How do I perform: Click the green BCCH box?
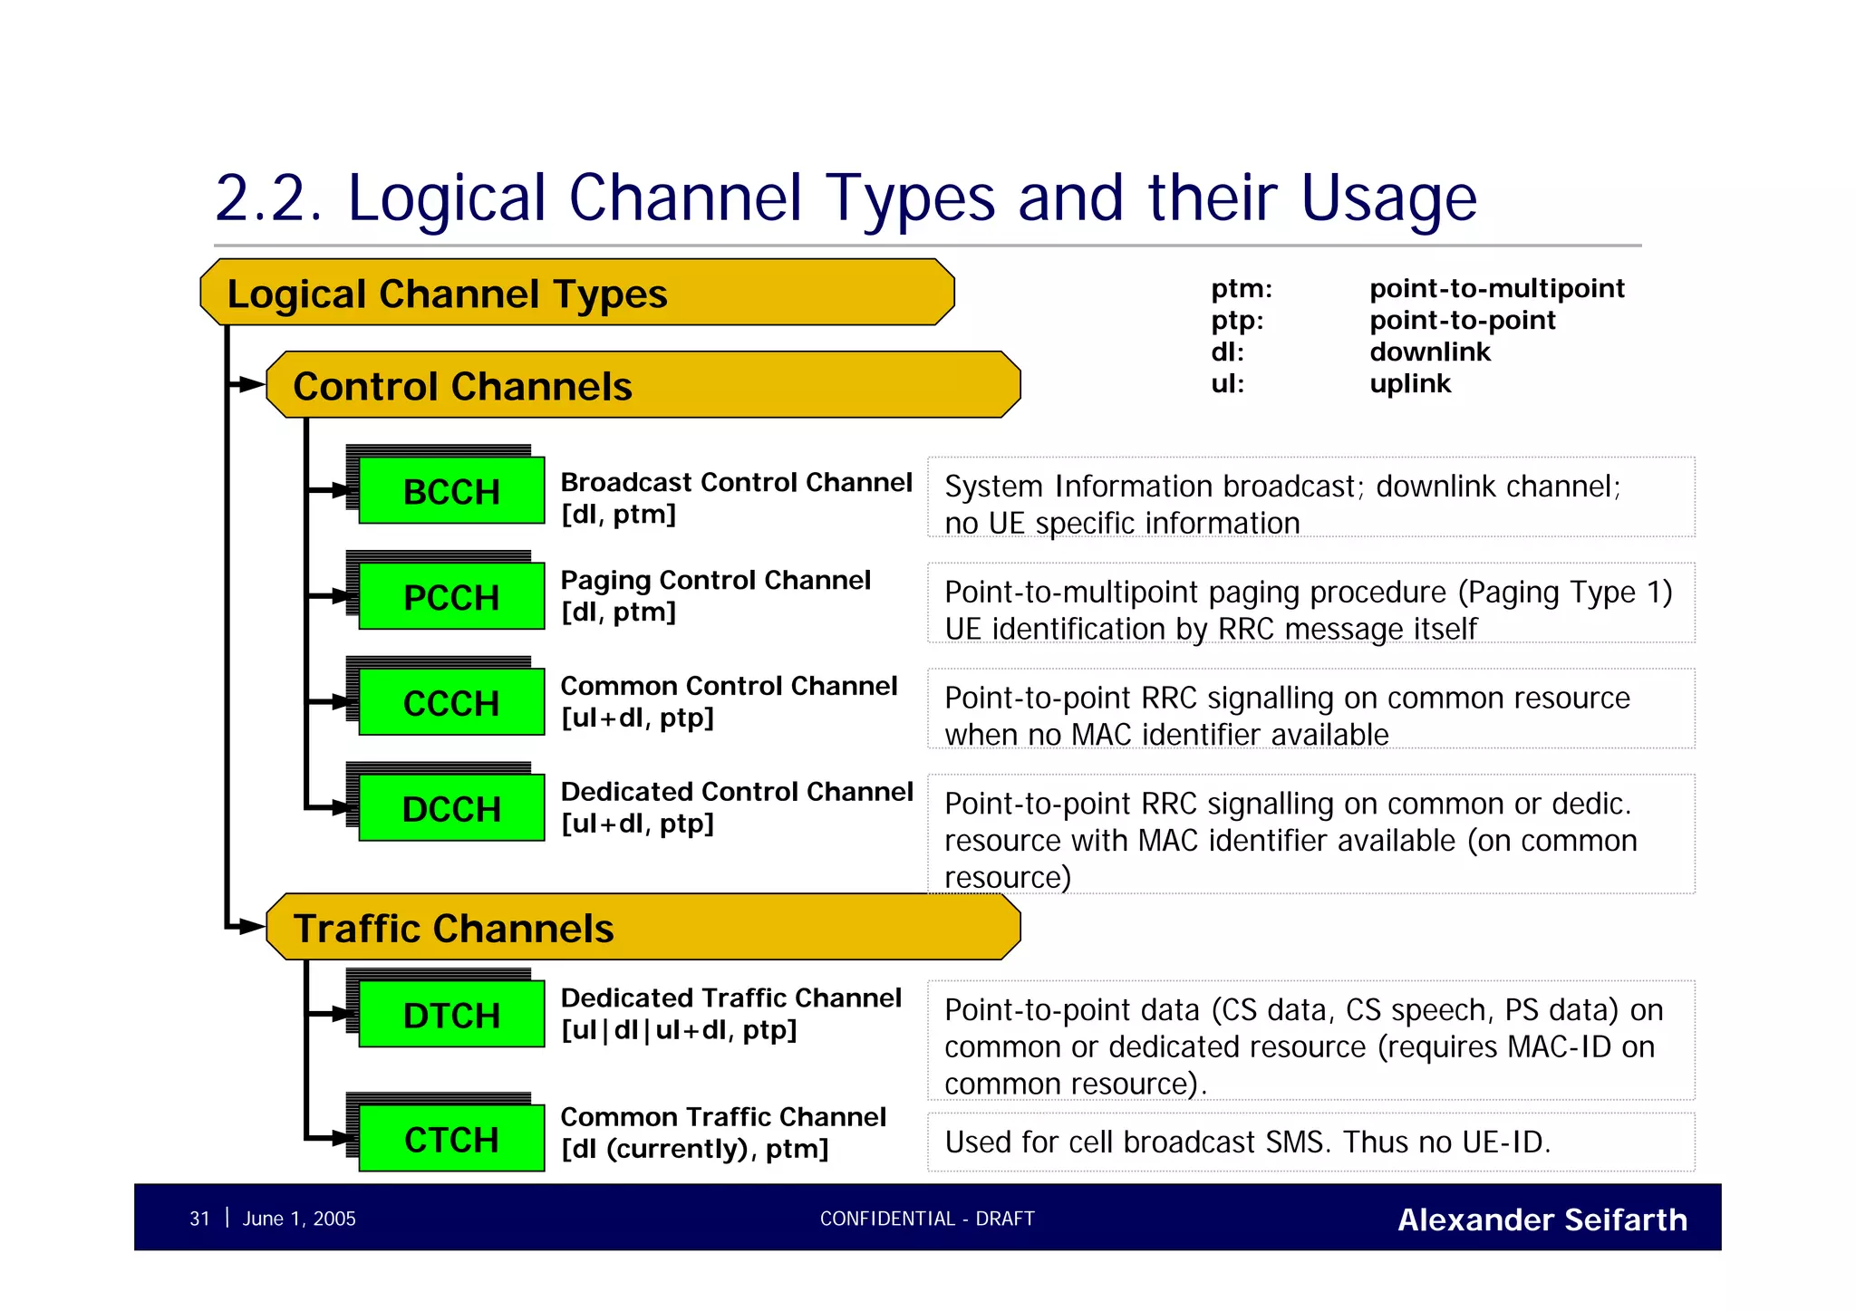(451, 491)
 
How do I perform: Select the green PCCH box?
(451, 597)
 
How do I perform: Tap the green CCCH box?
(451, 703)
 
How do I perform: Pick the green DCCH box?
(451, 808)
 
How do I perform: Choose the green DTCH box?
(451, 1015)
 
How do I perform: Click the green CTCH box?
(451, 1139)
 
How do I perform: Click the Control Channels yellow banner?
(643, 385)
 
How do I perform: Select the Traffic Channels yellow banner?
(643, 927)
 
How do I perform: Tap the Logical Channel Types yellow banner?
(576, 293)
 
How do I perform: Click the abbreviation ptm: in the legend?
(1242, 289)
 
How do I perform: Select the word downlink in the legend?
(1429, 352)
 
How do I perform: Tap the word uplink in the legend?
(1410, 383)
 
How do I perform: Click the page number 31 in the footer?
(199, 1219)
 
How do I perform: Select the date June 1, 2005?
(299, 1219)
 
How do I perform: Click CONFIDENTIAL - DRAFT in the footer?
(927, 1219)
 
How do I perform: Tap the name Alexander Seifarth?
(1542, 1219)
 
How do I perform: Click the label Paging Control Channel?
(715, 580)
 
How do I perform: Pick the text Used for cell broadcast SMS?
(1137, 1142)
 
